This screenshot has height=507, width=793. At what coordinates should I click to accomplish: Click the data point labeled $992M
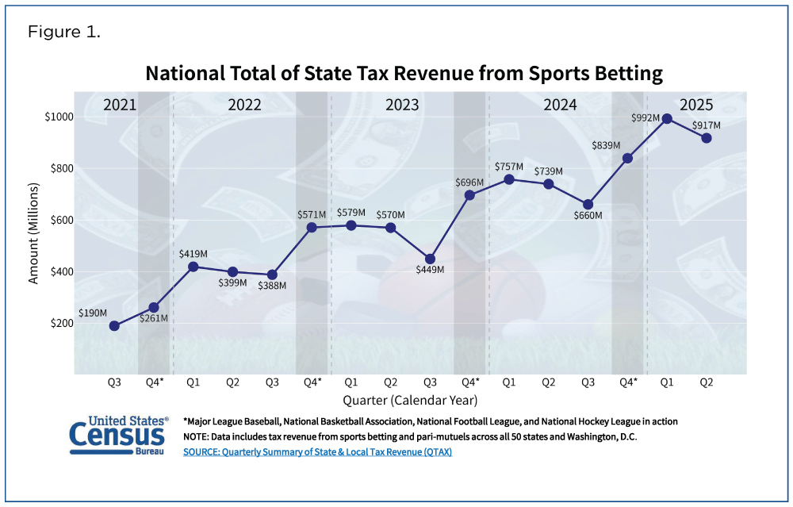click(667, 119)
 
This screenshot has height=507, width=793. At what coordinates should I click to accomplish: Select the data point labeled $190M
click(114, 325)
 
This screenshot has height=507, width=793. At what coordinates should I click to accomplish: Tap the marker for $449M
click(430, 259)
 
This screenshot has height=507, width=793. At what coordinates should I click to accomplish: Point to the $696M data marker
click(469, 195)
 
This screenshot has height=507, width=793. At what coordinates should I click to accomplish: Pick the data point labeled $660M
click(588, 205)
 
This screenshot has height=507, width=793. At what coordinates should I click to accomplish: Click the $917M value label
click(706, 125)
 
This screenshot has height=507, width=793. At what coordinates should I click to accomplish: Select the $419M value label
click(194, 255)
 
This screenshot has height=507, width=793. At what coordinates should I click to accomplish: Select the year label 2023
click(403, 104)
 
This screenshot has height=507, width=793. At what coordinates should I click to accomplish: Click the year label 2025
click(695, 104)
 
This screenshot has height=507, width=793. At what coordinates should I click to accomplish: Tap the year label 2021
click(121, 104)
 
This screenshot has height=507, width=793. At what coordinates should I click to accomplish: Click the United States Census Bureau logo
click(119, 434)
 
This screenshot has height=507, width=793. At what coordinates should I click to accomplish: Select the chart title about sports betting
click(404, 74)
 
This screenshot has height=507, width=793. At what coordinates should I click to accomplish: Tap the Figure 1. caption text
click(64, 33)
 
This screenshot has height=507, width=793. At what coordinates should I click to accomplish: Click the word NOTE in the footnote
click(197, 436)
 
